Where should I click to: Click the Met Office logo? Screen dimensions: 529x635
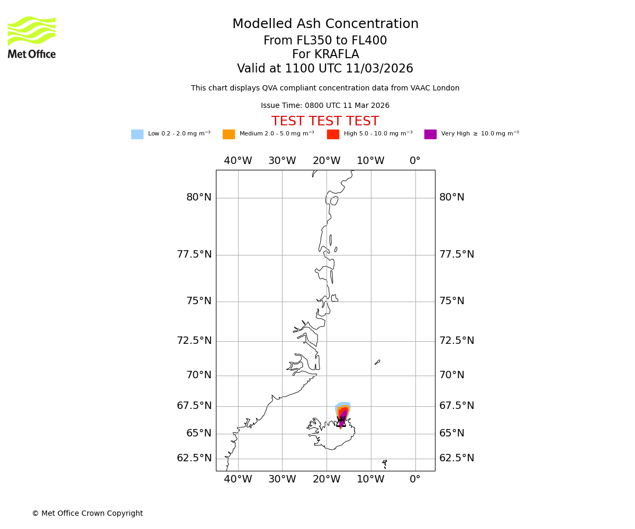click(32, 37)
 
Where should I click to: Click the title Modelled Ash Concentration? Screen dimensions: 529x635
click(325, 24)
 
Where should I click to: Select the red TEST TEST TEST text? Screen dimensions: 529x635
click(325, 122)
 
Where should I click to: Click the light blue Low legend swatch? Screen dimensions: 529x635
click(137, 134)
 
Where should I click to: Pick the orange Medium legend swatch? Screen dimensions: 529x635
click(229, 134)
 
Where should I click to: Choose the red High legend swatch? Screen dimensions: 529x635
click(333, 134)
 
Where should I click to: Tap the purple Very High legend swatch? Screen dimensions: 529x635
click(430, 134)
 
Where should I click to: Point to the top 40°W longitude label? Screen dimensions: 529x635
click(238, 161)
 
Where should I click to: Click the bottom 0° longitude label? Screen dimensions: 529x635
click(415, 480)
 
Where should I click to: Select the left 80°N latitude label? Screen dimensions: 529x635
click(198, 198)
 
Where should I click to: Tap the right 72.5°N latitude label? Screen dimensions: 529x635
click(456, 341)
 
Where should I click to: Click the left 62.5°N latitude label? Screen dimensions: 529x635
click(194, 458)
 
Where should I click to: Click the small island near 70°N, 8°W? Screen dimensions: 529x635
click(377, 362)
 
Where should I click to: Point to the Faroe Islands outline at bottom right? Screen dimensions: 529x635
click(385, 464)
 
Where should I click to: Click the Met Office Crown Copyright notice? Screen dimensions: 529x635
click(87, 514)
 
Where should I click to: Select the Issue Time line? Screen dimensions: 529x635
click(325, 106)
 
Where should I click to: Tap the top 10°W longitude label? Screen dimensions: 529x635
click(370, 161)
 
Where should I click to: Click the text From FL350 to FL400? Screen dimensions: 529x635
click(325, 41)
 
